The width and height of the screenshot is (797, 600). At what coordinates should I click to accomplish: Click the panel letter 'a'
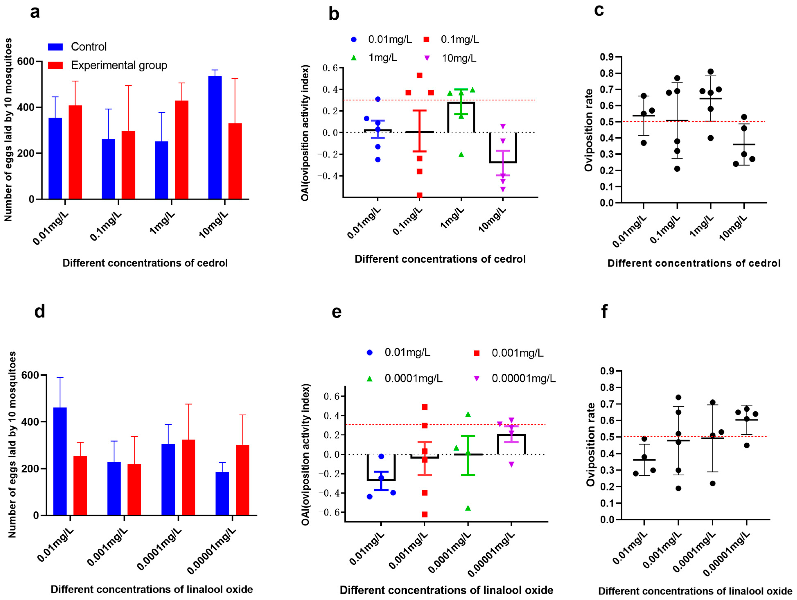point(35,13)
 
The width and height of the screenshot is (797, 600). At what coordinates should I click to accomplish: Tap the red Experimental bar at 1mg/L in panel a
point(181,150)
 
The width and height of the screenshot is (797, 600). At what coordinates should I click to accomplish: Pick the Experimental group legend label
point(119,65)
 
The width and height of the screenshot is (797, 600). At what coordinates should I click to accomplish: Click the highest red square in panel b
point(419,75)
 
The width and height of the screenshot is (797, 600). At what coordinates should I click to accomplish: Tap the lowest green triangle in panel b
point(461,155)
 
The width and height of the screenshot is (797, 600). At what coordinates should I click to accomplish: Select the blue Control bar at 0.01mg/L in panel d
point(60,461)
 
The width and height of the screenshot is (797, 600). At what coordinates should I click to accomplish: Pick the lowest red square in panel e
point(425,514)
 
